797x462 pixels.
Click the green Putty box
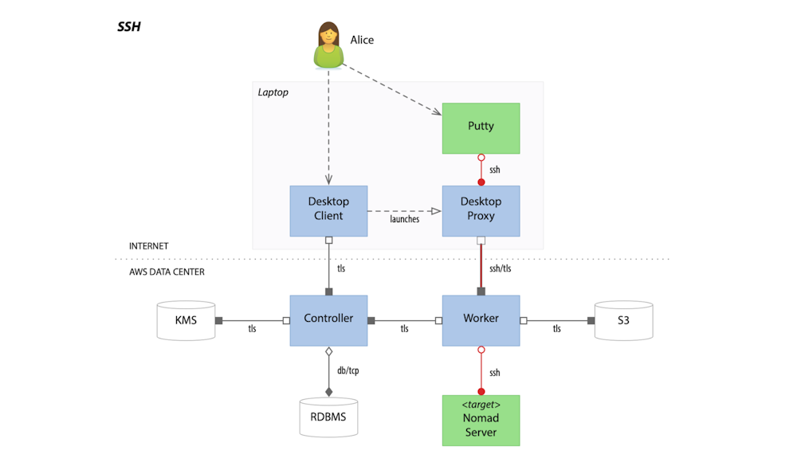coord(481,128)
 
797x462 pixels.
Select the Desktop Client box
coord(328,210)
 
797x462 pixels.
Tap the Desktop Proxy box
coord(481,210)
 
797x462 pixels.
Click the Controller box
coord(328,319)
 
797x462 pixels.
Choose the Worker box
coord(481,319)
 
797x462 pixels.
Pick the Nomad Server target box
coord(481,420)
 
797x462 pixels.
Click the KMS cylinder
coord(185,320)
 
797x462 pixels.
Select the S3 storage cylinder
coord(623,320)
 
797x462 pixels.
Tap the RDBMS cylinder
coord(328,415)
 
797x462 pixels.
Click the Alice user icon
coord(328,46)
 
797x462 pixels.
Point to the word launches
coord(404,219)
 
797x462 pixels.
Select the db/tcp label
coord(349,370)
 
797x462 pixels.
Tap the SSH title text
coord(129,26)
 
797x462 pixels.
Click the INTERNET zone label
coord(149,246)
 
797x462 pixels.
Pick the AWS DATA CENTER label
coord(167,272)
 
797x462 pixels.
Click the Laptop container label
coord(273,92)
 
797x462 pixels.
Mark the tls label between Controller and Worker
coord(404,328)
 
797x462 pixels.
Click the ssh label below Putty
coord(495,170)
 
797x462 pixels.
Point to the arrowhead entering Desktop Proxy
coord(436,211)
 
